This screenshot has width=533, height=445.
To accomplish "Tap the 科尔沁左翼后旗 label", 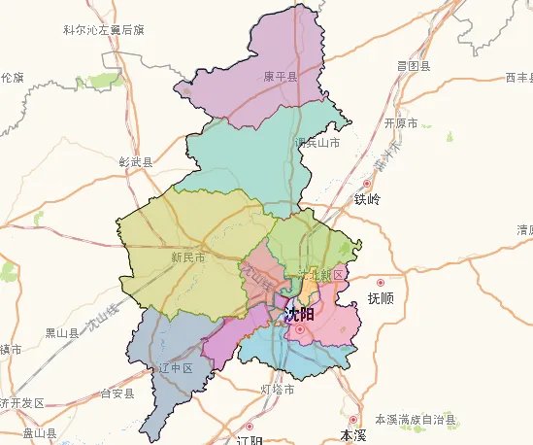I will pos(103,30).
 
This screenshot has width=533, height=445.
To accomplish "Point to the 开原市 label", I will pos(400,124).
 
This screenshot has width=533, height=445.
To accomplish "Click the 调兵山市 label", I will pos(317,143).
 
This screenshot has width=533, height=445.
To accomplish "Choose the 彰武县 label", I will pos(135,162).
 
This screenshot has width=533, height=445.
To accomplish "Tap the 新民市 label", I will pos(187,257).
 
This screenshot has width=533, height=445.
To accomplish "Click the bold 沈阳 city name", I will pos(300,315).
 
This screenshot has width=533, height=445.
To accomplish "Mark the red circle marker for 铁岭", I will pos(367,184).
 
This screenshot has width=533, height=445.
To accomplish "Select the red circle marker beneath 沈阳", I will pos(300,329).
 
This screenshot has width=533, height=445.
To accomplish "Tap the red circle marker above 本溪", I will pos(353,420).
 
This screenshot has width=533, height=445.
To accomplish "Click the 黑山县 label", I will pos(63,332).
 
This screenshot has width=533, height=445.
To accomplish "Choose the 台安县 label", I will pos(117,394).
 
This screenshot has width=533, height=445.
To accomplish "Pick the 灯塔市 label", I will pos(278,390).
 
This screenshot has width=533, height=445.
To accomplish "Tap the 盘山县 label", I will pos(40,433).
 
